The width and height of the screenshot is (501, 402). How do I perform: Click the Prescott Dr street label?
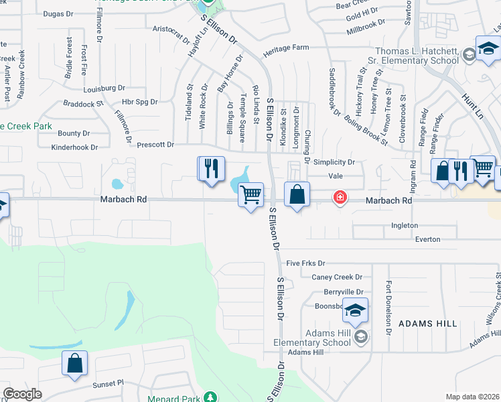[155, 144]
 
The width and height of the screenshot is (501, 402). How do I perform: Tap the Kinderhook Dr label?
[74, 147]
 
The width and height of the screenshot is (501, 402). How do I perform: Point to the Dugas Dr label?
[58, 13]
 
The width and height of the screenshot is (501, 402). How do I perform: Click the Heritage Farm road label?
[286, 48]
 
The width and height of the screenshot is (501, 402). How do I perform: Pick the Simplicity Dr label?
[333, 162]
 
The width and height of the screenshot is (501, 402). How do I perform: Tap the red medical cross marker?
[340, 196]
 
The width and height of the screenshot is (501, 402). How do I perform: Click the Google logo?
[22, 394]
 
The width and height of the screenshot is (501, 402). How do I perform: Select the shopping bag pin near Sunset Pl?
[75, 363]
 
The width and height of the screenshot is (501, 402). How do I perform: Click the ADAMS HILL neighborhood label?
[427, 324]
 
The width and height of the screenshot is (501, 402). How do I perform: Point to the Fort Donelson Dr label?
[388, 309]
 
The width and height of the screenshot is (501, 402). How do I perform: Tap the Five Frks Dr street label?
[305, 263]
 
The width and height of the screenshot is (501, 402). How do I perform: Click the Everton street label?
[427, 239]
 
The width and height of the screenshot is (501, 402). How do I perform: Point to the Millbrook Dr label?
[366, 26]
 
